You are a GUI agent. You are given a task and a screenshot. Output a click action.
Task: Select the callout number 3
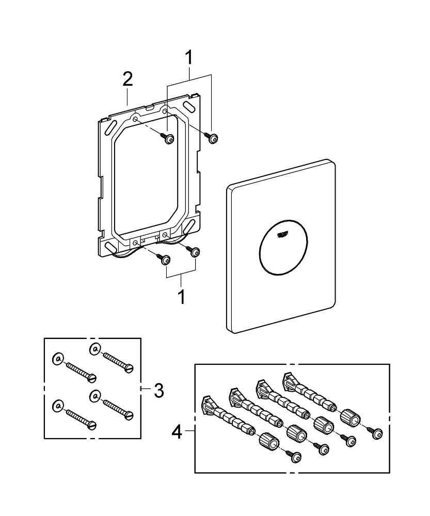point(158,391)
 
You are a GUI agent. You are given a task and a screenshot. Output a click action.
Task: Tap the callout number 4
point(177,431)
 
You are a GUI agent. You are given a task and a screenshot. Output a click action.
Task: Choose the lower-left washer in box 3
point(57,406)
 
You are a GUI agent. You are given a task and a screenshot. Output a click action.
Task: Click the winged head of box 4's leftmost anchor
point(210,403)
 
